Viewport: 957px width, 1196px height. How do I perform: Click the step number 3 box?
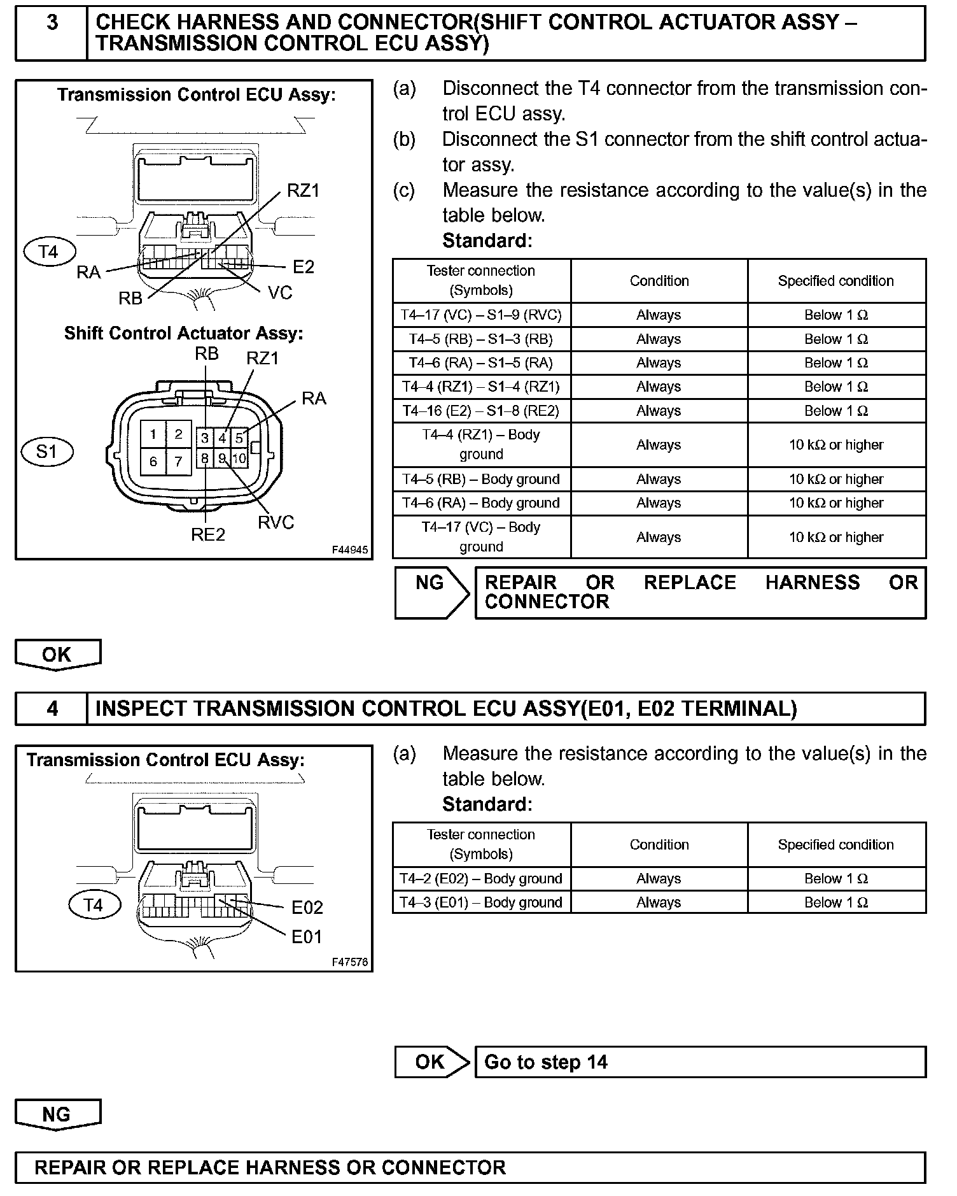click(x=52, y=33)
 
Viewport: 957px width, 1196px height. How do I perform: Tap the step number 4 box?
click(x=52, y=709)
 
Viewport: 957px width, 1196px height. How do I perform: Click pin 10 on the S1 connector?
click(x=239, y=458)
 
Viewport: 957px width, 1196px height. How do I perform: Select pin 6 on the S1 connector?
click(x=153, y=461)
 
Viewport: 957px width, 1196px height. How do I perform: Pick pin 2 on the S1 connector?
click(x=179, y=434)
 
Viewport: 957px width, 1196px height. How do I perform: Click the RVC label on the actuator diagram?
click(x=276, y=522)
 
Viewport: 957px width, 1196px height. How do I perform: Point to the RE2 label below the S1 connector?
click(x=208, y=534)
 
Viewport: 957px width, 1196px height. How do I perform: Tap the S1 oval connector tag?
click(x=47, y=452)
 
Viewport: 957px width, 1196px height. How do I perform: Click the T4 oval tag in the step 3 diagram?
click(x=49, y=252)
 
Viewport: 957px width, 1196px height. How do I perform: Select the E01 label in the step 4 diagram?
click(x=307, y=937)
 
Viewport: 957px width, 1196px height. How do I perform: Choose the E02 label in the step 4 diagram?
click(x=307, y=908)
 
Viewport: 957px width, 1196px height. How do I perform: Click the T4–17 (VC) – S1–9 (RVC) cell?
click(x=481, y=315)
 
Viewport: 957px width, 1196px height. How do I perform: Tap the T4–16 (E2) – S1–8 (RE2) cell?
click(x=481, y=411)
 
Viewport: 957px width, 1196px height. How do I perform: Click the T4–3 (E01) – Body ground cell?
click(x=481, y=902)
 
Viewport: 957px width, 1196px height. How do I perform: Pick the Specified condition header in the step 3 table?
click(x=835, y=281)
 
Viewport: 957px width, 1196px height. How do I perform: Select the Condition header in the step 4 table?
click(x=659, y=844)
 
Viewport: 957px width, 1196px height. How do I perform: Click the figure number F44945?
click(x=349, y=550)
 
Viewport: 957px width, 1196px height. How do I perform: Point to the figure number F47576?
click(x=349, y=962)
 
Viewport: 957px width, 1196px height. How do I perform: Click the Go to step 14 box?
click(x=700, y=1062)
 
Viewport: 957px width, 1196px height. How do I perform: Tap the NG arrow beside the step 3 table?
click(x=432, y=592)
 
